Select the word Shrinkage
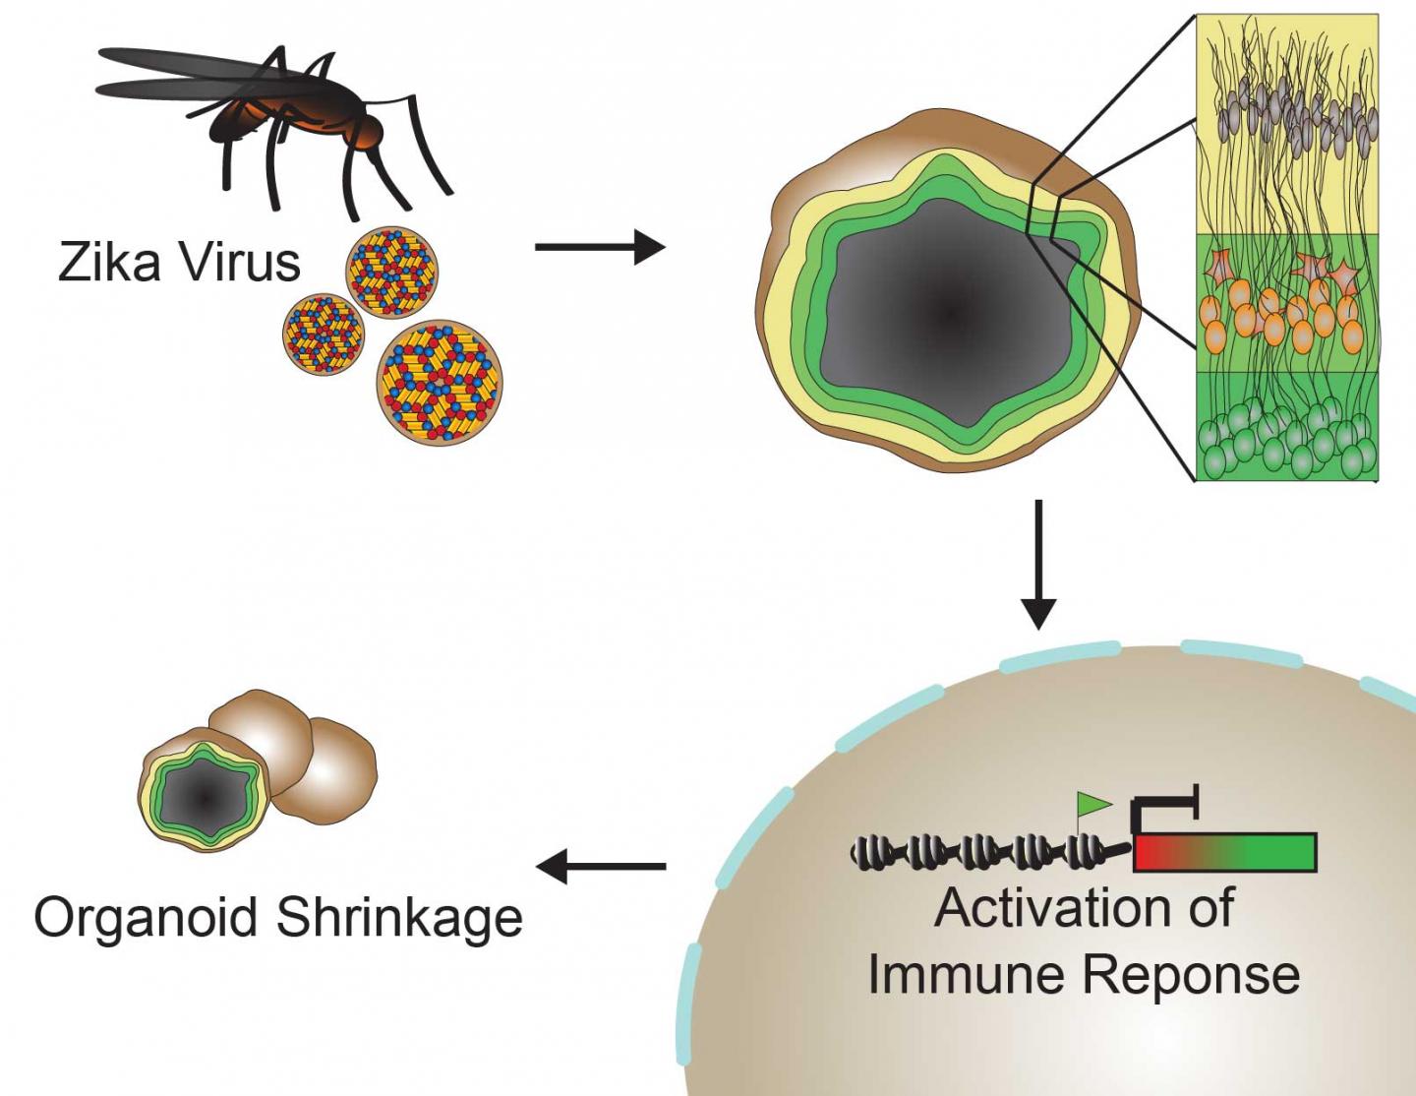(x=399, y=919)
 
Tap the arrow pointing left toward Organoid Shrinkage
(x=600, y=867)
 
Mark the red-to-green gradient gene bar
(x=1224, y=852)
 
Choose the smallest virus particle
(x=323, y=331)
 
